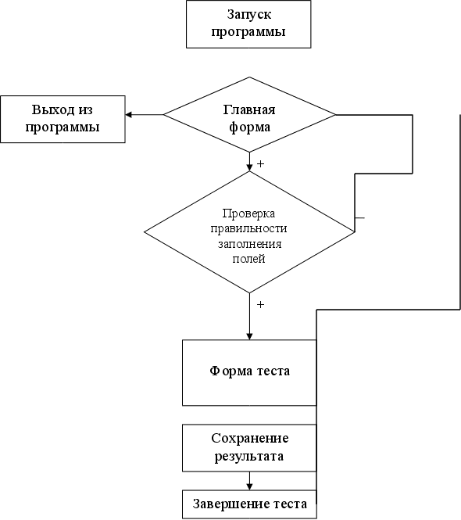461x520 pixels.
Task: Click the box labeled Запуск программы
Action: [x=248, y=24]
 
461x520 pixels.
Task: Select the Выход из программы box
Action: [x=63, y=120]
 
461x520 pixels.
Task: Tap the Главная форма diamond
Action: [x=249, y=115]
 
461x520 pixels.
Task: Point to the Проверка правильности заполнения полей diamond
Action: [x=249, y=232]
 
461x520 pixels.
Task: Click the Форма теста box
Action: [x=249, y=372]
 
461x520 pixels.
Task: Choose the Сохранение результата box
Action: [x=249, y=448]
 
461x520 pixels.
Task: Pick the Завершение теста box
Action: [x=249, y=504]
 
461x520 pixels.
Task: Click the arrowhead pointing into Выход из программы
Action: [x=129, y=115]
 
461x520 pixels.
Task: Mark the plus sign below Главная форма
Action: [x=261, y=164]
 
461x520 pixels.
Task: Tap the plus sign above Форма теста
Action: [x=261, y=304]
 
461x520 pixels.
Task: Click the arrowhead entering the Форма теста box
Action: [x=249, y=336]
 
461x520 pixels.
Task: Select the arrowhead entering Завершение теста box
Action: [x=249, y=486]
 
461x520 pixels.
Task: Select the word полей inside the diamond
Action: [x=249, y=259]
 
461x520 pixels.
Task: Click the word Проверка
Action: [x=248, y=213]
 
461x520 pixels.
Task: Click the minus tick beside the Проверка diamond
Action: [x=360, y=218]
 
